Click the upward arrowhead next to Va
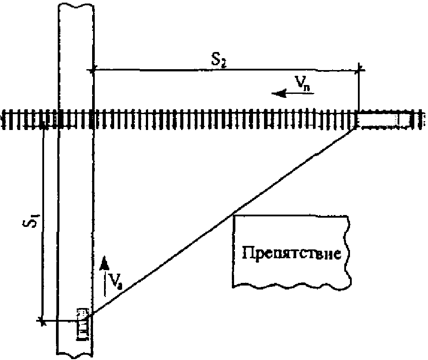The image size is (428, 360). [104, 263]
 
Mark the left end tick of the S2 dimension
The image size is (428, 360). [92, 69]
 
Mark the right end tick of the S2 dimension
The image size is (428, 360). [360, 68]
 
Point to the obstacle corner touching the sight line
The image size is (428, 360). [234, 215]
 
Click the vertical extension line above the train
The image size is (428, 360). [360, 90]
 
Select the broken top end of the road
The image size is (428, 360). [75, 5]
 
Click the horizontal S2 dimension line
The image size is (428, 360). [176, 69]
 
